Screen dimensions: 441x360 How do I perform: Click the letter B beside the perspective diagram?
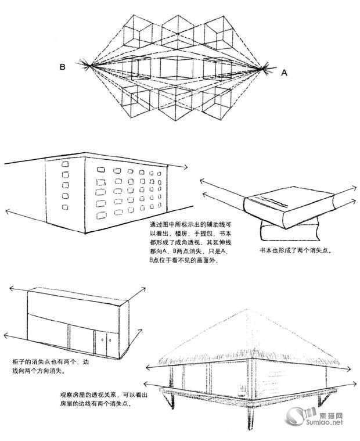(62, 67)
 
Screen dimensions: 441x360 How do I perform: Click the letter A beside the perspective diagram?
(284, 72)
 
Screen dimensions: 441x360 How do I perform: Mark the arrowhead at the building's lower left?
(7, 211)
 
